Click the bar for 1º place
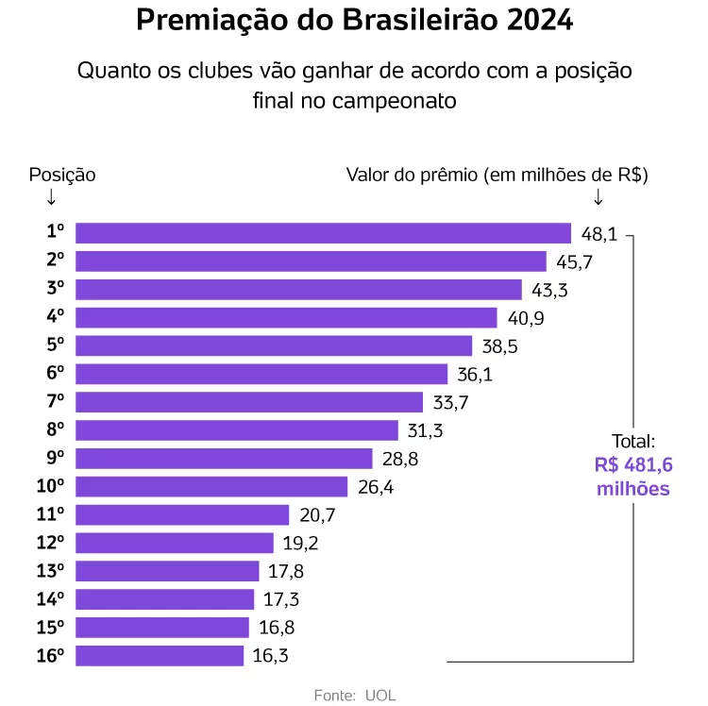tap(323, 233)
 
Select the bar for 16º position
tap(160, 656)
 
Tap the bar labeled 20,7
tap(182, 515)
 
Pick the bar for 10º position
tap(211, 487)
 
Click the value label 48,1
tap(598, 233)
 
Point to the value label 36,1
tap(474, 375)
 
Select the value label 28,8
tap(399, 459)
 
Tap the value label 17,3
tap(280, 599)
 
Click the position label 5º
tap(56, 346)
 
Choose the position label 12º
tap(51, 544)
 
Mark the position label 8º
tap(56, 430)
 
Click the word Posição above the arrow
tap(62, 175)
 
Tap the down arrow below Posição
tap(50, 197)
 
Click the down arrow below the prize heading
tap(598, 197)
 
